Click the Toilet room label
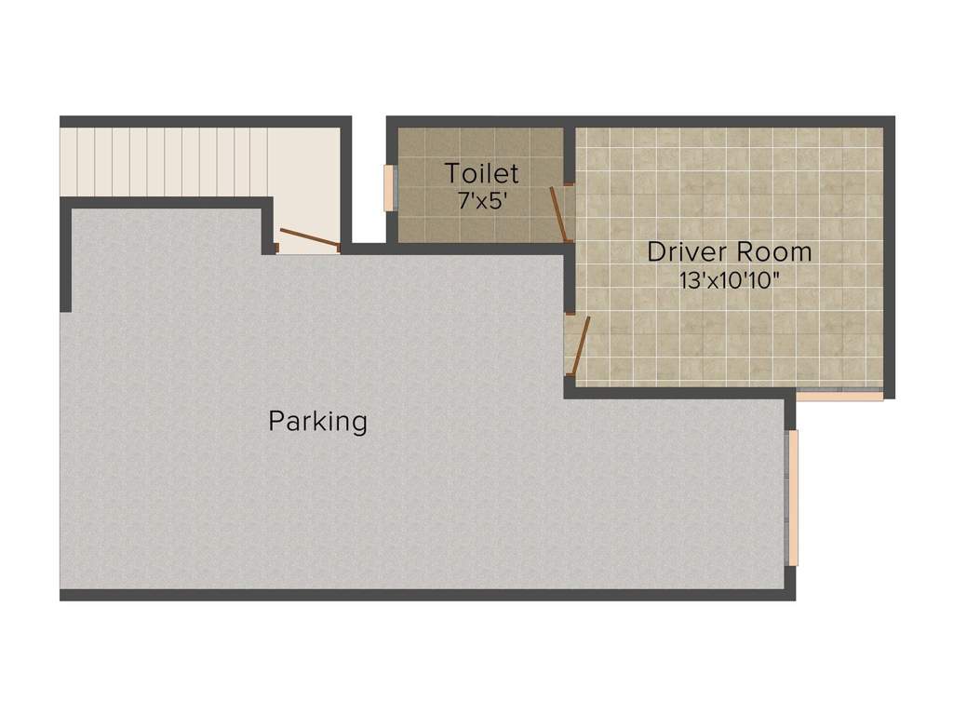[x=481, y=173]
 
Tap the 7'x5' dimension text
[x=481, y=200]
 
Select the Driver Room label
[x=729, y=251]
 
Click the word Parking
[x=318, y=422]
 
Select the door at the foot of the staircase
[x=310, y=239]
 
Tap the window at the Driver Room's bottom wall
[x=840, y=395]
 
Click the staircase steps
[x=164, y=162]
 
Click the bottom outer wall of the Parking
[x=428, y=595]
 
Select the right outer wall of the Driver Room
[x=889, y=256]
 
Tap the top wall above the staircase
[x=205, y=121]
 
